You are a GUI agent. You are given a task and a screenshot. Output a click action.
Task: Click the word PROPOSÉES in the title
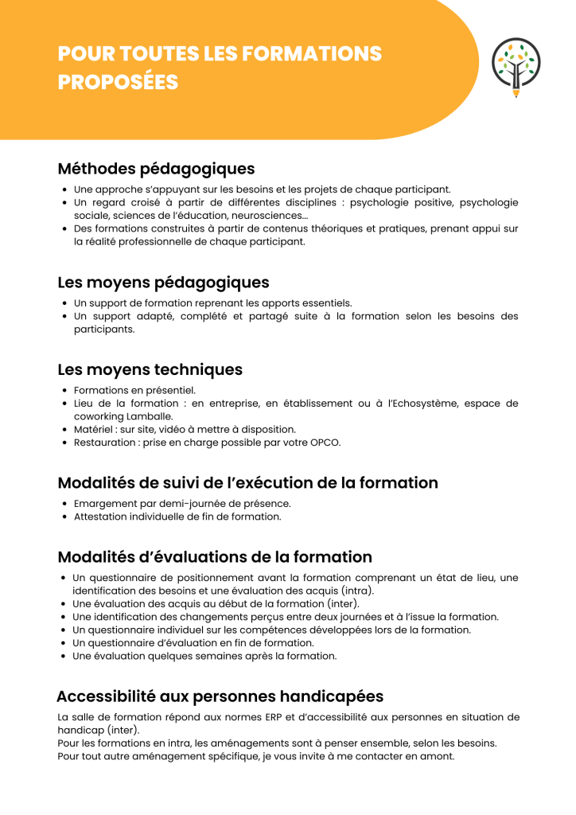coord(118,82)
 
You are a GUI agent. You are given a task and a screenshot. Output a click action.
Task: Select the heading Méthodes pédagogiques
coord(156,169)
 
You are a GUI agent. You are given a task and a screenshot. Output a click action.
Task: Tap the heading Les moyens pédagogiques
coord(163,283)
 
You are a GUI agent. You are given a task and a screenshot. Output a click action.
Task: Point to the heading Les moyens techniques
coord(150,370)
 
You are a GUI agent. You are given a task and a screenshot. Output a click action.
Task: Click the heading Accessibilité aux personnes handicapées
coord(220,696)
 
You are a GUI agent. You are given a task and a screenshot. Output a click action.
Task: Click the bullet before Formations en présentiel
coord(64,391)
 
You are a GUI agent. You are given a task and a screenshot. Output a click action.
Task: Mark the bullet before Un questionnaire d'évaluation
coord(64,643)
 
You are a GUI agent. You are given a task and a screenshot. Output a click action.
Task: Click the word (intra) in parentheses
coord(357,591)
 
